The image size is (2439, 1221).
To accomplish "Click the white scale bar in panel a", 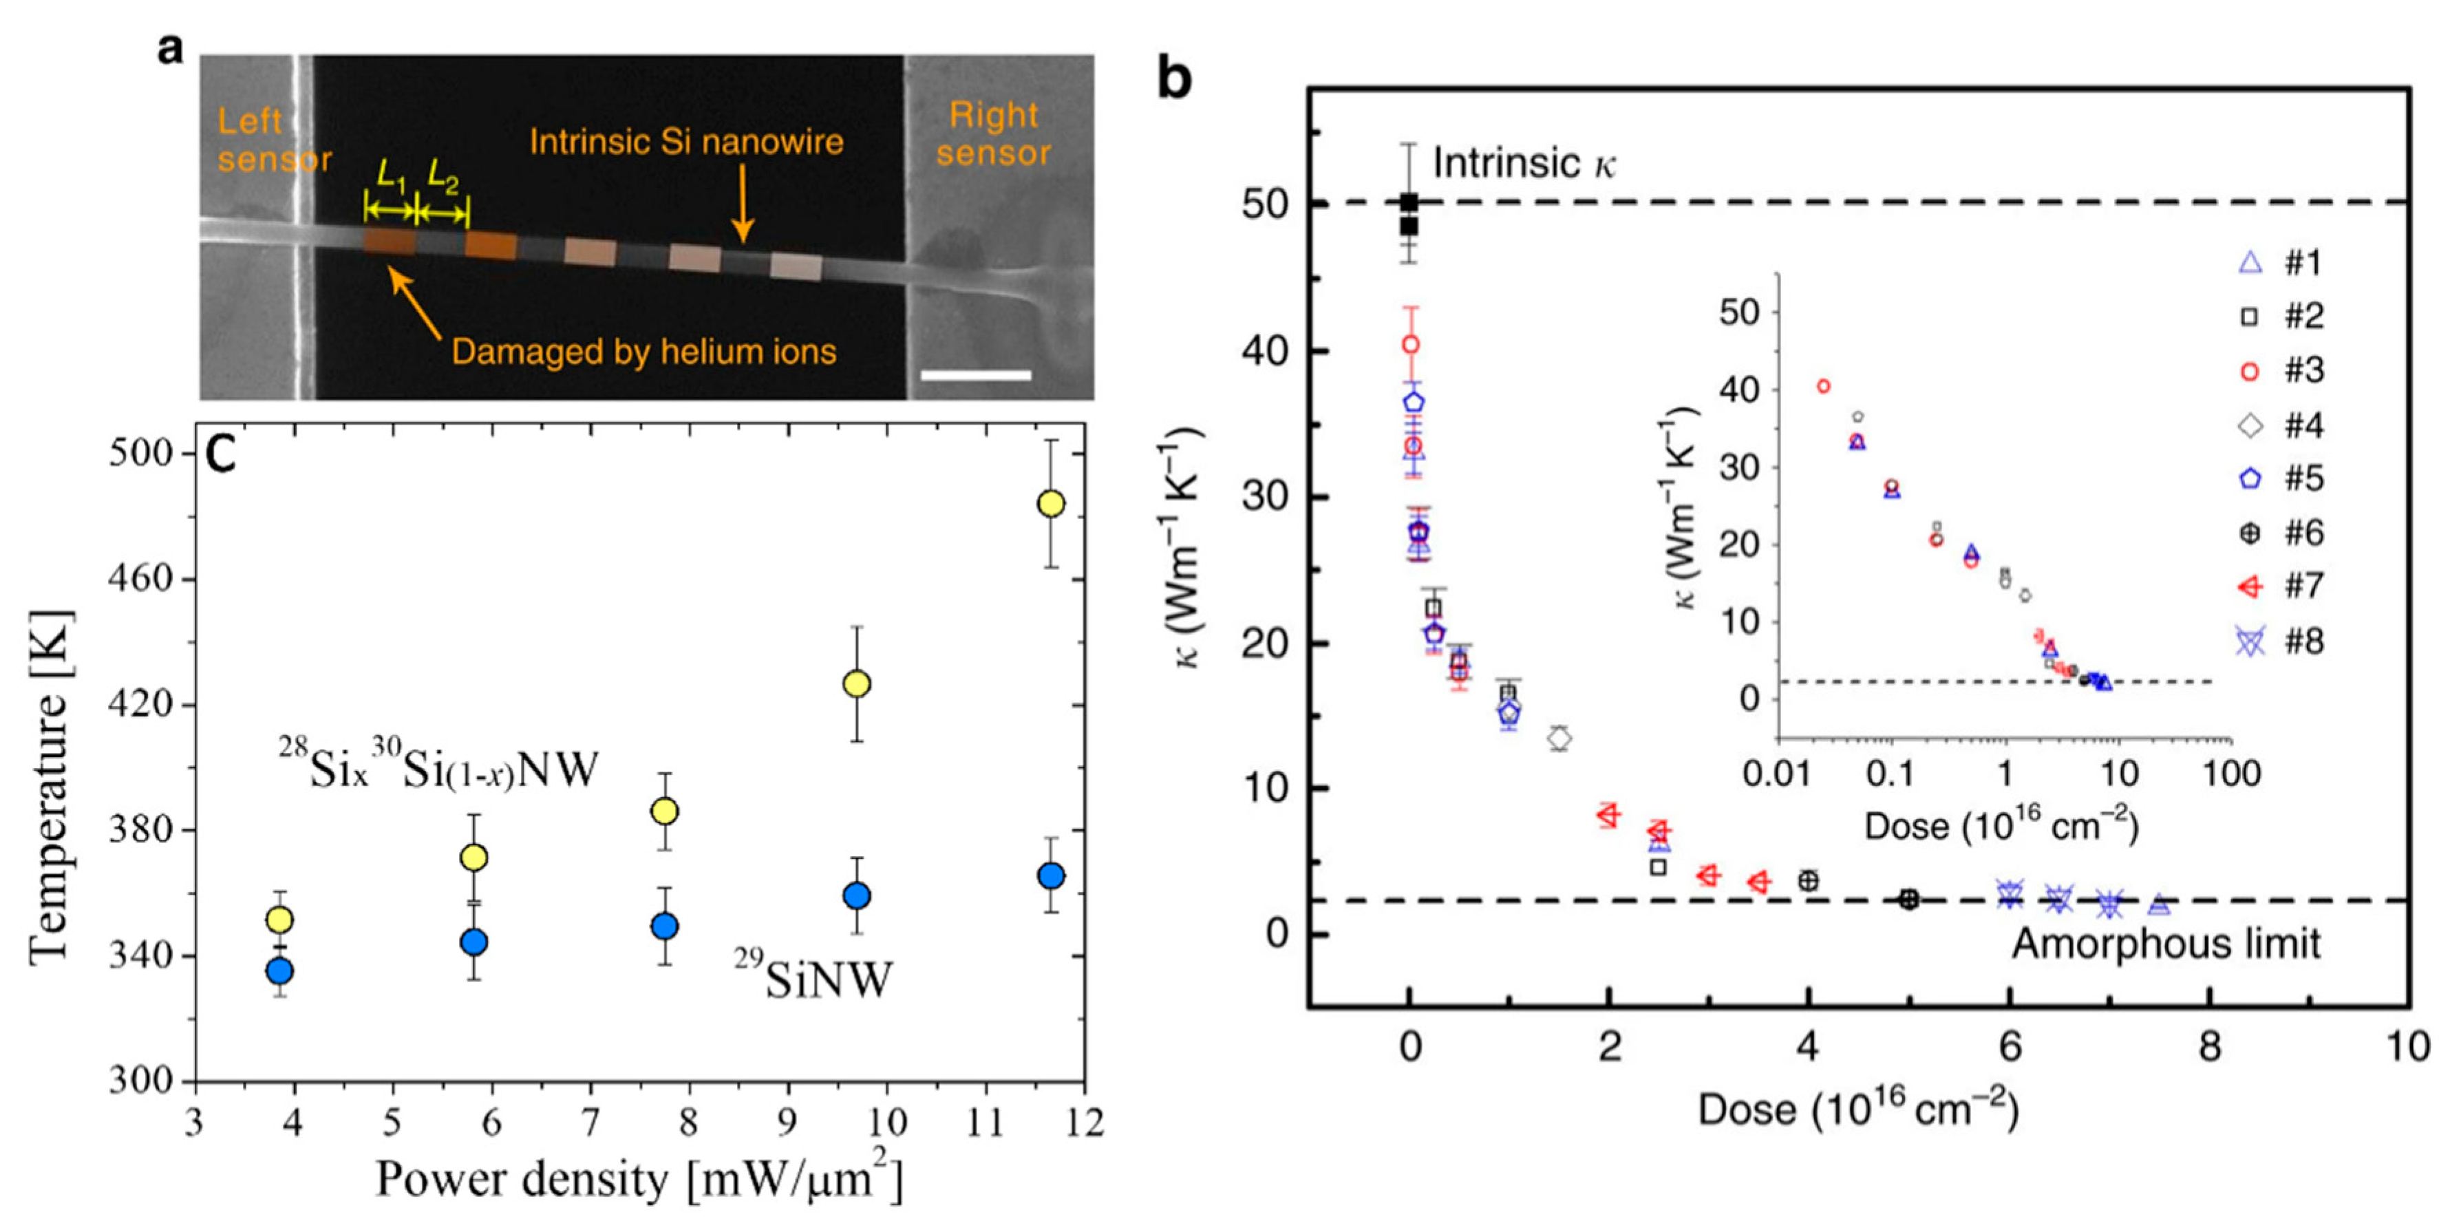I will pyautogui.click(x=975, y=376).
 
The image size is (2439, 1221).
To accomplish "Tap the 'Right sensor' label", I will pyautogui.click(x=993, y=134).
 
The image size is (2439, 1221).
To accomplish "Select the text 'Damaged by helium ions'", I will pyautogui.click(x=644, y=352).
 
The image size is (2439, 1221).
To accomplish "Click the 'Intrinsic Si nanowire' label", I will pyautogui.click(x=685, y=142).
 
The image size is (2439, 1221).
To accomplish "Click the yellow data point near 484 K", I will pyautogui.click(x=1051, y=503).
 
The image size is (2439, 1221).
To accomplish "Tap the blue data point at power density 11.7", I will pyautogui.click(x=1051, y=875).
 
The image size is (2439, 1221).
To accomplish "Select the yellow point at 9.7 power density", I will pyautogui.click(x=856, y=683).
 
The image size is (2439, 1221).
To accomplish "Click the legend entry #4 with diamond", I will pyautogui.click(x=2283, y=425).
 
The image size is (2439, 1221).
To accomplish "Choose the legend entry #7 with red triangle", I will pyautogui.click(x=2283, y=586).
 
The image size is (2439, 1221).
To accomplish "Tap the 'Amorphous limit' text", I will pyautogui.click(x=2165, y=944).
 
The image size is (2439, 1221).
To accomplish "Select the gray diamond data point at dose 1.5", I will pyautogui.click(x=1559, y=737).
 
